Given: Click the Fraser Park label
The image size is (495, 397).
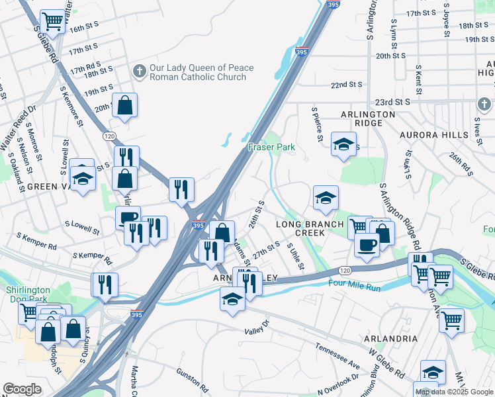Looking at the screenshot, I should [271, 146].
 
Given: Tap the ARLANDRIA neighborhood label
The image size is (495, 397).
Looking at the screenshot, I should [390, 338].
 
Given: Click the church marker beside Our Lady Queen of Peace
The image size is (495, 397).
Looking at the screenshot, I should [139, 71].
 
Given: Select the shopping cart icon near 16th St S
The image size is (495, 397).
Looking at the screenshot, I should [53, 22].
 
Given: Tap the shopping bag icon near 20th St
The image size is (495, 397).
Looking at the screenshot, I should [124, 105].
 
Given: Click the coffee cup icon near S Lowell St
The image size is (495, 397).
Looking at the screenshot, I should [128, 217].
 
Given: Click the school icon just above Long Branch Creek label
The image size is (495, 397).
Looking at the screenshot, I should [325, 197].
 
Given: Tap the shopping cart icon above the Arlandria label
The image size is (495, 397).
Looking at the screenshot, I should [451, 320].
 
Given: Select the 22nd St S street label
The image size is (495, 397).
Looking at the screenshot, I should [347, 85].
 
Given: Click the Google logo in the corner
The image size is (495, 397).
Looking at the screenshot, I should [22, 389].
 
